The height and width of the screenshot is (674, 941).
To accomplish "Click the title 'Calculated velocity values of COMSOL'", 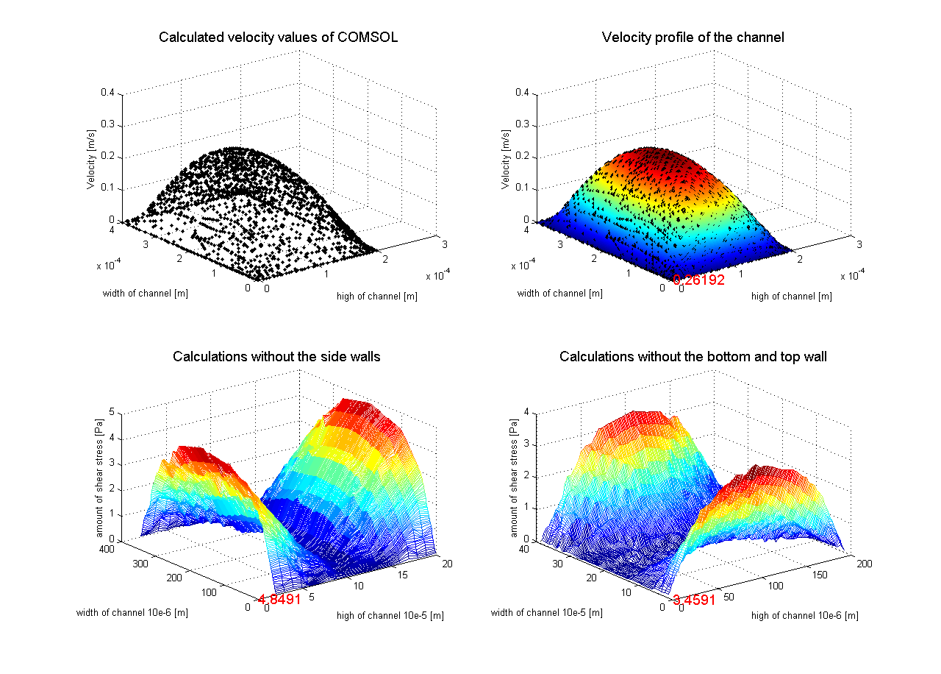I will pos(278,38).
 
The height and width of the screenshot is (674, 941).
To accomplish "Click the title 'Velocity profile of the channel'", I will pos(693,38).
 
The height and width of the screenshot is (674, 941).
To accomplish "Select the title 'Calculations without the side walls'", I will pos(276,357).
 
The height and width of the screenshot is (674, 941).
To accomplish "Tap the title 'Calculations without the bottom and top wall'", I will pos(693,357).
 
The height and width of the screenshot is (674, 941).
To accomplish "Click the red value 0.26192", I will pos(698,280).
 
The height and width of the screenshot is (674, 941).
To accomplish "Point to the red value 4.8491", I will pos(279,599).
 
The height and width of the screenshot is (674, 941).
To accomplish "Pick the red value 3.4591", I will pos(694,600).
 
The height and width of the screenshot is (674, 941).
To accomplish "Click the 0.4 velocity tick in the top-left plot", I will pos(108,93).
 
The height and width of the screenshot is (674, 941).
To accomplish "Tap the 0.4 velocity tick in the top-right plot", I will pos(523,93).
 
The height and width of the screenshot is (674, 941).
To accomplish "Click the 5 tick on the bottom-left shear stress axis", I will pos(112,412).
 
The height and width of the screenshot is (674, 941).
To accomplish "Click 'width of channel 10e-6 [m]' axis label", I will pos(132,612).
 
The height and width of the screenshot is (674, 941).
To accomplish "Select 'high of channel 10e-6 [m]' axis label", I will pos(804,615).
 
